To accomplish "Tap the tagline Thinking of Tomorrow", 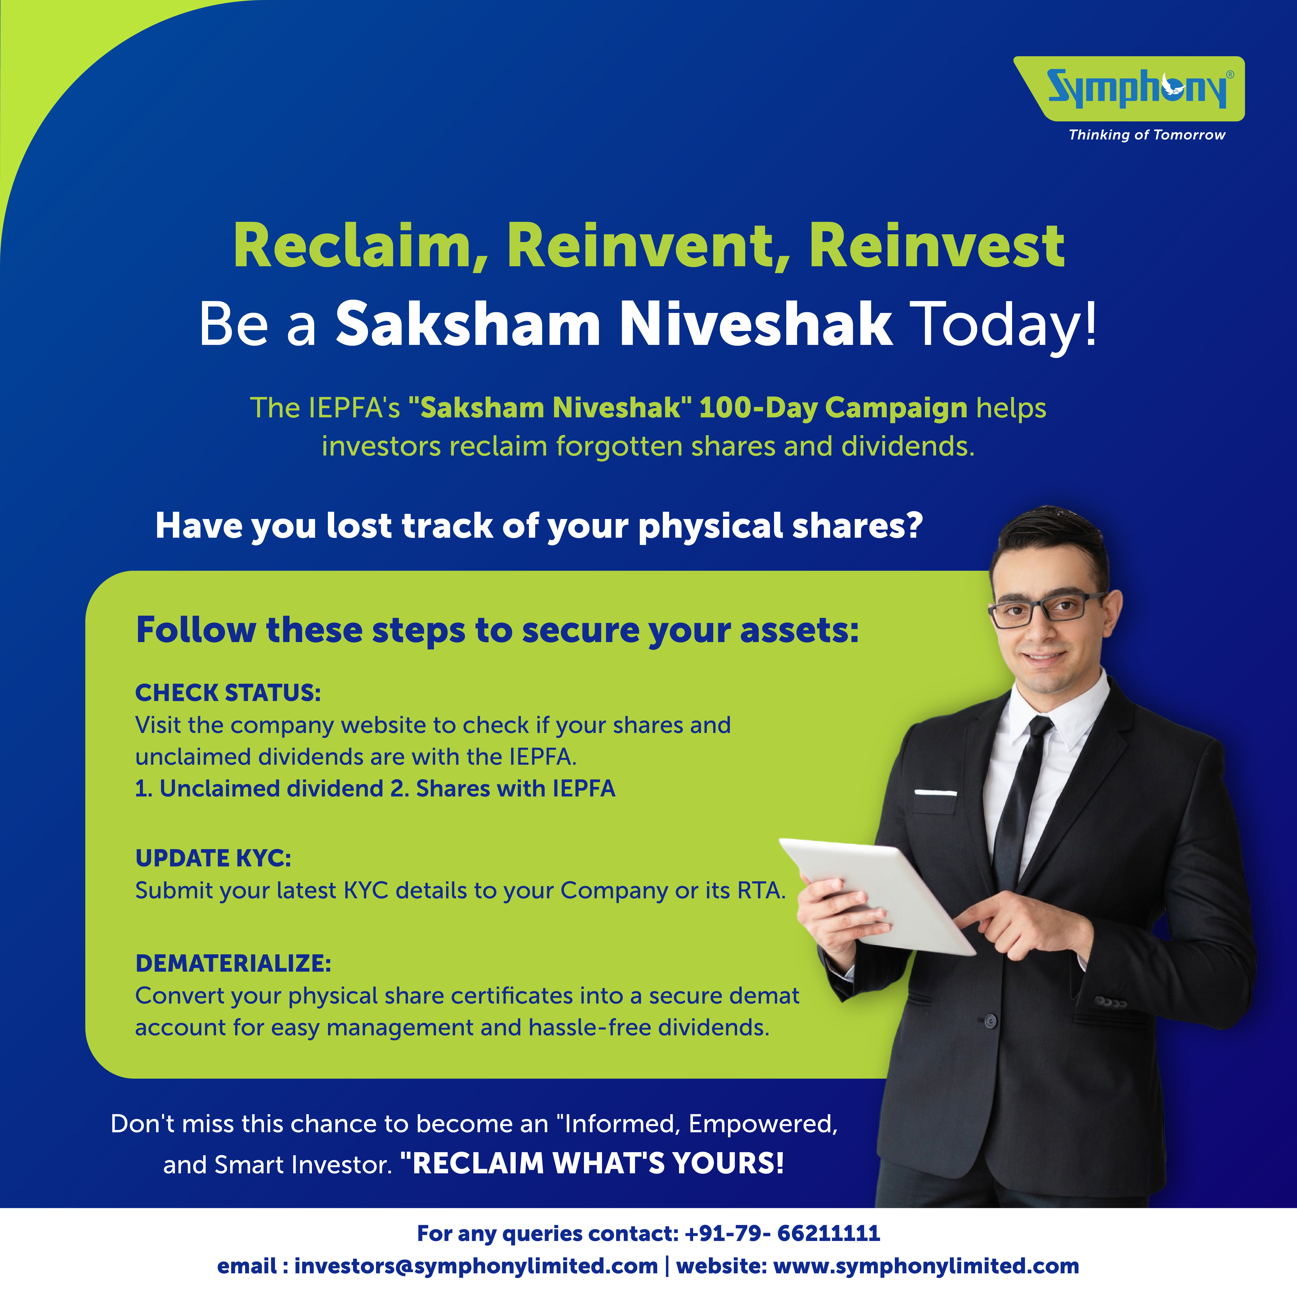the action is point(1147,135).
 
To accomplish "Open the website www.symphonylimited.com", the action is point(926,1266).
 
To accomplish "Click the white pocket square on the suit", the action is point(935,794).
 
